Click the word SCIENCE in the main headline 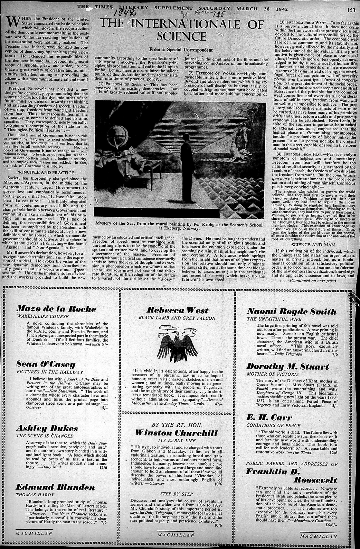point(181,36)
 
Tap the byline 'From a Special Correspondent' point(181,50)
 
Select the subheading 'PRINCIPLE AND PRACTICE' point(45,172)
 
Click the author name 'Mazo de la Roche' point(56,308)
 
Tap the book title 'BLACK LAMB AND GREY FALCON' point(177,318)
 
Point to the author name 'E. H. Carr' point(264,417)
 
